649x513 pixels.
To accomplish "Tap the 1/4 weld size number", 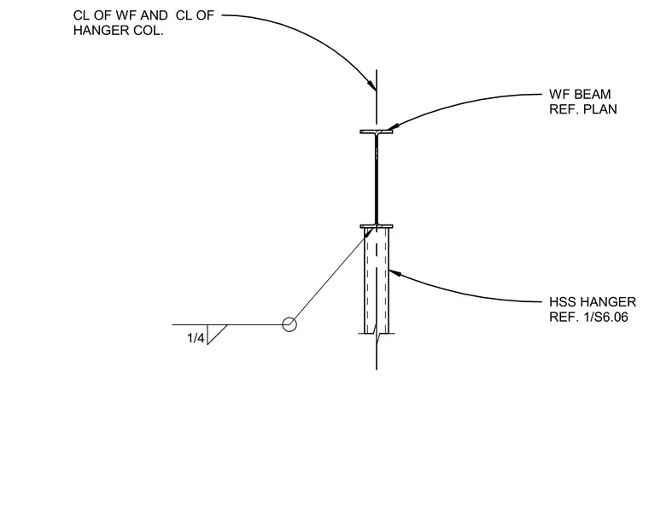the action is (x=196, y=338).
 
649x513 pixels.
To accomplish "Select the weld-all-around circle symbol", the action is (x=289, y=324).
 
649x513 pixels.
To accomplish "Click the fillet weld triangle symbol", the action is (x=216, y=335).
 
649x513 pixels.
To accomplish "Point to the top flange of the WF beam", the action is (x=377, y=131).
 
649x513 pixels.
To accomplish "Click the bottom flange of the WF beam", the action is (x=377, y=226).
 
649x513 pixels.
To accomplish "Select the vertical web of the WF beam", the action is (x=377, y=179).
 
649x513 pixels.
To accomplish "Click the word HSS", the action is (x=561, y=302).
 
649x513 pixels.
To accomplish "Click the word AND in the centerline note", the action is (x=154, y=15).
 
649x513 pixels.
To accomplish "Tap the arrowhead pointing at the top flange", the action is (x=392, y=126).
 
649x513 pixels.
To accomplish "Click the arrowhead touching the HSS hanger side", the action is (x=395, y=273).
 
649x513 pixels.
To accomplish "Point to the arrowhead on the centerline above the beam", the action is (x=371, y=85).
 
